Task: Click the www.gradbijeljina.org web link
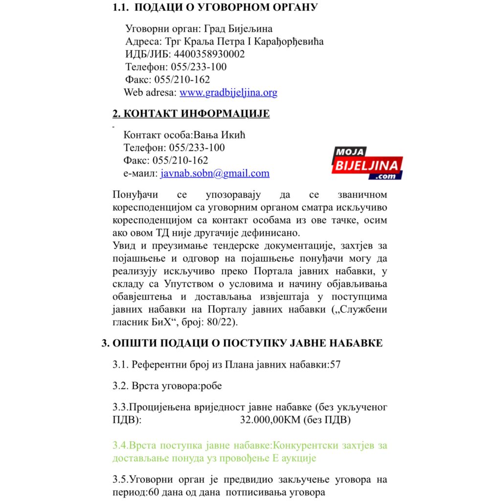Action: (228, 92)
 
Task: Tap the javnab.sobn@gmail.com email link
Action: (215, 173)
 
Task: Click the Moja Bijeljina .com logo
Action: (367, 163)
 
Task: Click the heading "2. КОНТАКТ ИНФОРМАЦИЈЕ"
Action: (191, 114)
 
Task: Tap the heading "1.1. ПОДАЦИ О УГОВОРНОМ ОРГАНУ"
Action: (215, 7)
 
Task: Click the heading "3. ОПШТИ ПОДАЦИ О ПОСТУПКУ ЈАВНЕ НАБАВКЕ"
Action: (242, 343)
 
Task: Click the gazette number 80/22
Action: (225, 322)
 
